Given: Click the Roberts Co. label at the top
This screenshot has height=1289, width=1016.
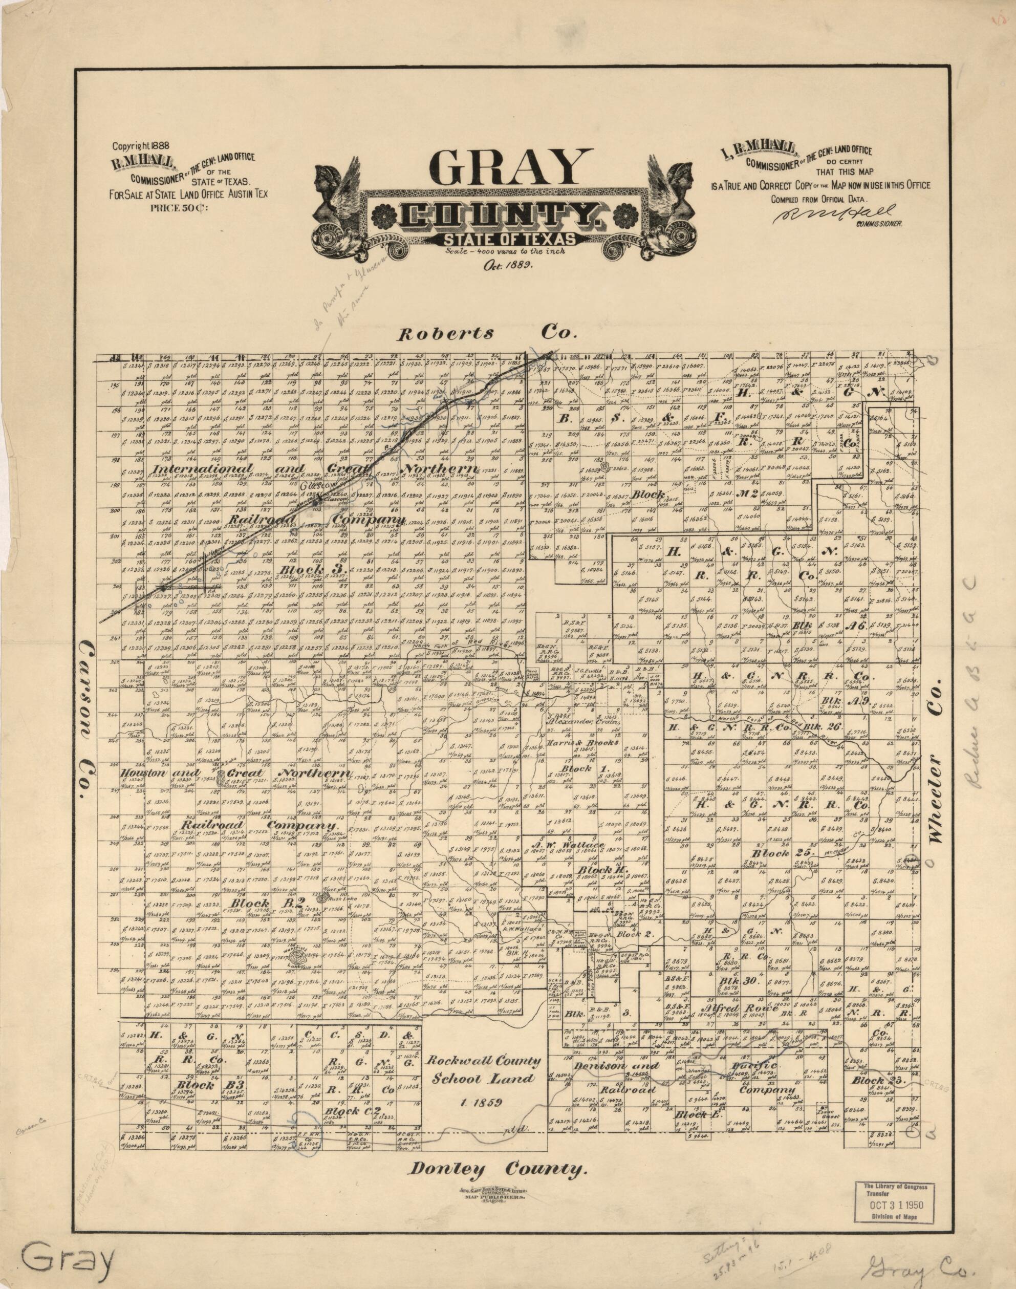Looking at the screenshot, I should [x=487, y=334].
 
